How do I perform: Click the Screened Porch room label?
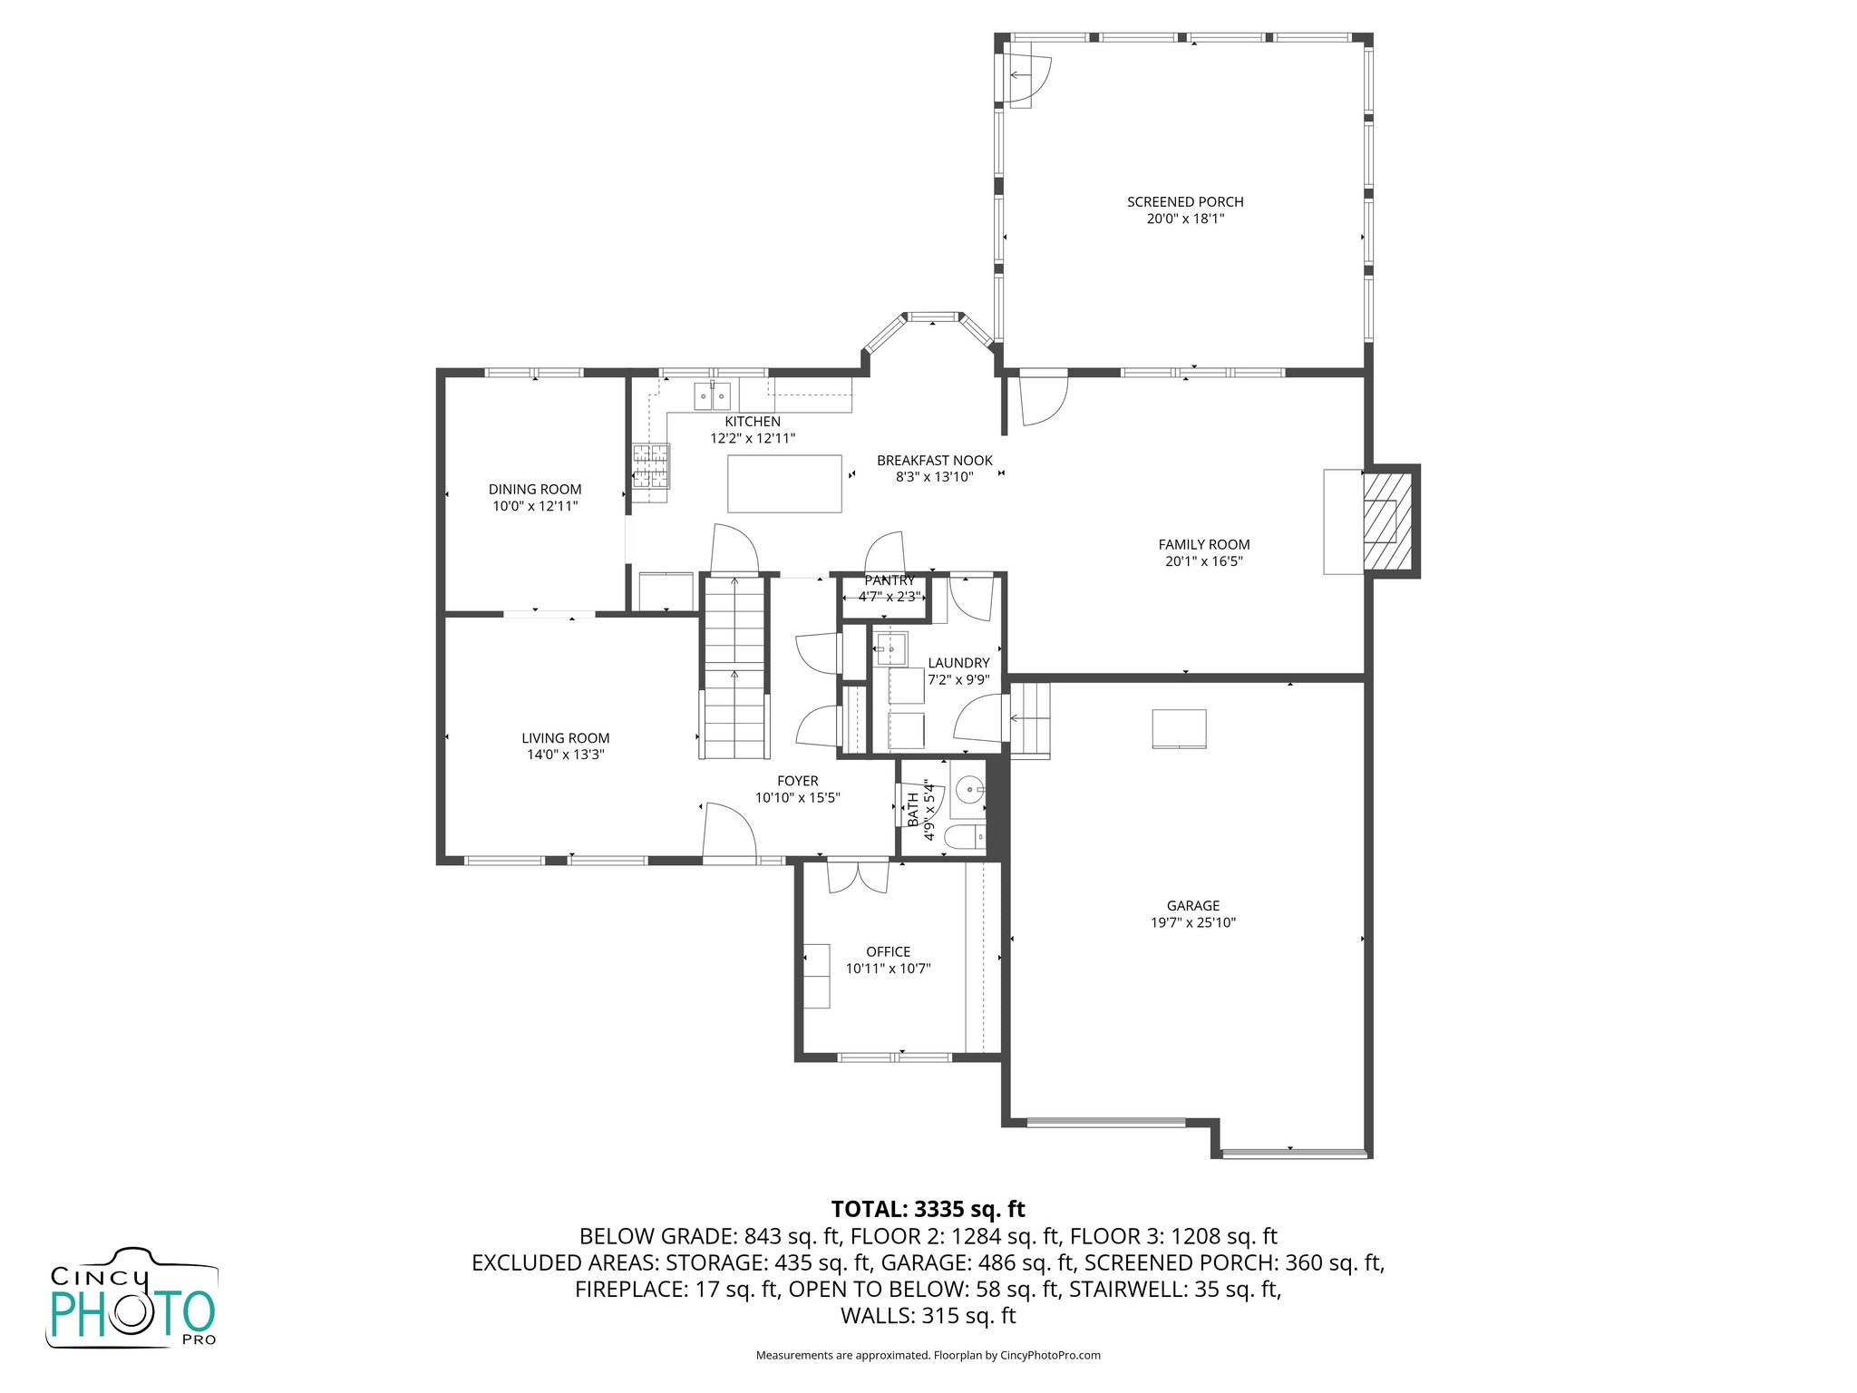coord(1185,202)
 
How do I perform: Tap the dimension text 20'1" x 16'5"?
coord(1203,561)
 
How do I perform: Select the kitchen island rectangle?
coord(784,483)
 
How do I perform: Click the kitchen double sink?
coord(712,397)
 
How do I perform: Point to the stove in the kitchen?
coord(650,466)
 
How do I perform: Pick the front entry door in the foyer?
coord(730,831)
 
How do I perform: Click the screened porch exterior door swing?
coord(1029,78)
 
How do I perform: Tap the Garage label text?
coord(1192,905)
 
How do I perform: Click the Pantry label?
coord(890,580)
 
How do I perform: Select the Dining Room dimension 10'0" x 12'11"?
coord(535,506)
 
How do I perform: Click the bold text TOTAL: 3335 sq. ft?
coord(928,1209)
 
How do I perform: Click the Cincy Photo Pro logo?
coord(132,1299)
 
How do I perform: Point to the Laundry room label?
coord(958,663)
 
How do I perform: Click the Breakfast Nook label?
coord(934,461)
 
